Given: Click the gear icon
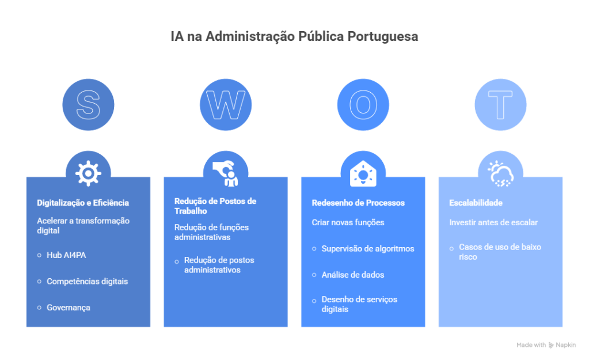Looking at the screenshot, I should pyautogui.click(x=88, y=172).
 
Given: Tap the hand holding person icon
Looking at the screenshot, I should pyautogui.click(x=226, y=172).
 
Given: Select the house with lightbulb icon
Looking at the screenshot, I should pyautogui.click(x=363, y=172).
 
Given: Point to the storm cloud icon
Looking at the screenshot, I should pyautogui.click(x=500, y=172).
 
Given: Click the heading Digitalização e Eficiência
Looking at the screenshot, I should pyautogui.click(x=83, y=203).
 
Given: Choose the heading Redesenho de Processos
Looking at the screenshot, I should pyautogui.click(x=358, y=203).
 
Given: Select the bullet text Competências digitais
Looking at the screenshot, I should pyautogui.click(x=87, y=281).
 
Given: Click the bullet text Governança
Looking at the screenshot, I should pyautogui.click(x=69, y=308).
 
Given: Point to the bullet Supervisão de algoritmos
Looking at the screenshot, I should pyautogui.click(x=367, y=249).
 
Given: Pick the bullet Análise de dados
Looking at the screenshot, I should pyautogui.click(x=352, y=275).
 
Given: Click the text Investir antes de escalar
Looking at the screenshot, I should pyautogui.click(x=493, y=222).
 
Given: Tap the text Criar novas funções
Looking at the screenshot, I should pyautogui.click(x=348, y=222).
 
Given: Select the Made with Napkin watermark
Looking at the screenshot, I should pyautogui.click(x=546, y=345).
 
